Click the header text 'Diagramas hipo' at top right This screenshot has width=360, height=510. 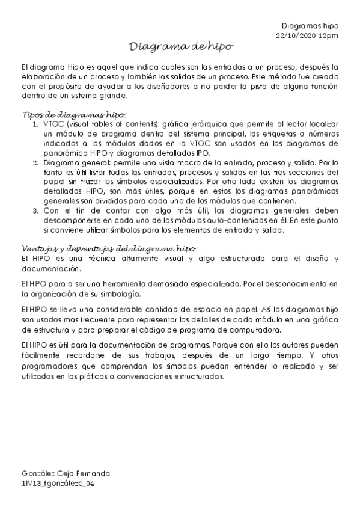tap(310, 26)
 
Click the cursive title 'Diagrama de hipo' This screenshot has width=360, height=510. tap(181, 47)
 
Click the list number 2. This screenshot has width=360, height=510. tap(34, 163)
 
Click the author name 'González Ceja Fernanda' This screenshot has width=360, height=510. tap(65, 473)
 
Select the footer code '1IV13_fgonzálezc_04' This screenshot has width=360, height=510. tap(58, 483)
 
